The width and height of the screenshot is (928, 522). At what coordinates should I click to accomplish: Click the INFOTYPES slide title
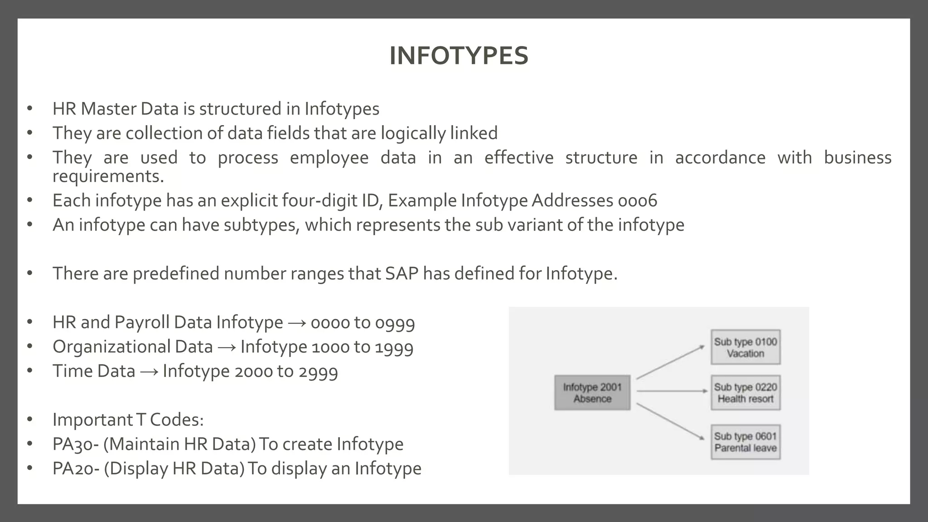coord(459,56)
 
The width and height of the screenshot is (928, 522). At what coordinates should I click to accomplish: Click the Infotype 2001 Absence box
coord(592,393)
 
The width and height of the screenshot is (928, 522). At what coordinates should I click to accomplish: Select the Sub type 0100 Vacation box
coord(745,348)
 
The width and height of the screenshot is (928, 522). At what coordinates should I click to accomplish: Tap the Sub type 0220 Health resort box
coord(745,393)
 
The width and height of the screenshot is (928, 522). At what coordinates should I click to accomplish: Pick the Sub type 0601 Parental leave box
coord(745,442)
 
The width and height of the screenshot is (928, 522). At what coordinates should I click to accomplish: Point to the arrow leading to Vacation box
coord(670,362)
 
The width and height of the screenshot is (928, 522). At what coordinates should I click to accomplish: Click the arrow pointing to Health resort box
coord(672,391)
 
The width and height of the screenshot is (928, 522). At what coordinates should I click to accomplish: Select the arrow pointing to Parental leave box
coord(670,421)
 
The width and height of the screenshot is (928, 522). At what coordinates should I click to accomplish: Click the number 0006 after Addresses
coord(637,201)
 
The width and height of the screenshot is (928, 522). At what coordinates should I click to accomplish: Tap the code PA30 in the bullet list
coord(72,444)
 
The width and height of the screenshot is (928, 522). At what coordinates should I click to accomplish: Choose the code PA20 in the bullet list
coord(73,469)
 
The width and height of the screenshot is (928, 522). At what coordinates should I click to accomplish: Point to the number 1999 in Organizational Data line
coord(394,347)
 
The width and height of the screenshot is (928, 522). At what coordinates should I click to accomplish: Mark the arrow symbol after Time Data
coord(149,372)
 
